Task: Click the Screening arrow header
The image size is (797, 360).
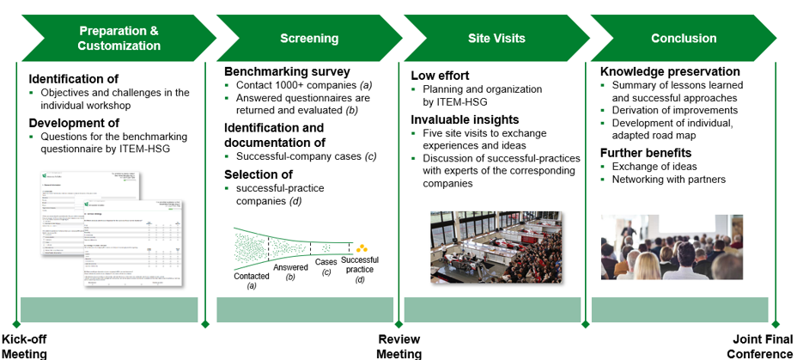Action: (308, 39)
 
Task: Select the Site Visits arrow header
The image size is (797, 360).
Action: (496, 39)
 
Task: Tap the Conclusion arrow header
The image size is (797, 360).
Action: (684, 39)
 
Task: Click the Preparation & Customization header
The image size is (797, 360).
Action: (119, 39)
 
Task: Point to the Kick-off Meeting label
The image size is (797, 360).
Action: (24, 346)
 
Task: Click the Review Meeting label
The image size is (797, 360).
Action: (399, 346)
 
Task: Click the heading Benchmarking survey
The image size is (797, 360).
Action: (287, 71)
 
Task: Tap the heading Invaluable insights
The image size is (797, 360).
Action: (465, 119)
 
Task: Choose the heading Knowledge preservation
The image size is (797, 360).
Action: (670, 71)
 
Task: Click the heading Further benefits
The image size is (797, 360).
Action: (646, 153)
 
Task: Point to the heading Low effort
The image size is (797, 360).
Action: (440, 75)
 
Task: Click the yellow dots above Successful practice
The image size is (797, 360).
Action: (362, 248)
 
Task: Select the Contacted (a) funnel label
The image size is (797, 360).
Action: (252, 281)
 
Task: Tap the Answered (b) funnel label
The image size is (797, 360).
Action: (290, 272)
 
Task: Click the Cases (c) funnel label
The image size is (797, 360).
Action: (326, 267)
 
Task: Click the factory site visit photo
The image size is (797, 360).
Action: (496, 247)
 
